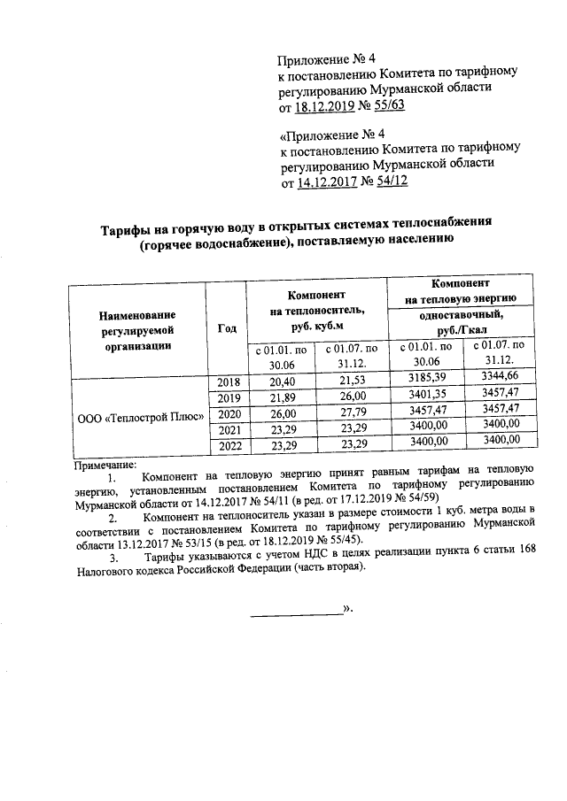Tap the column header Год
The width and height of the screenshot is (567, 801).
point(227,329)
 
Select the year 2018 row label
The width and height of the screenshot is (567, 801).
point(229,381)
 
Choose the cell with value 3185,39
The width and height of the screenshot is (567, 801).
point(423,379)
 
